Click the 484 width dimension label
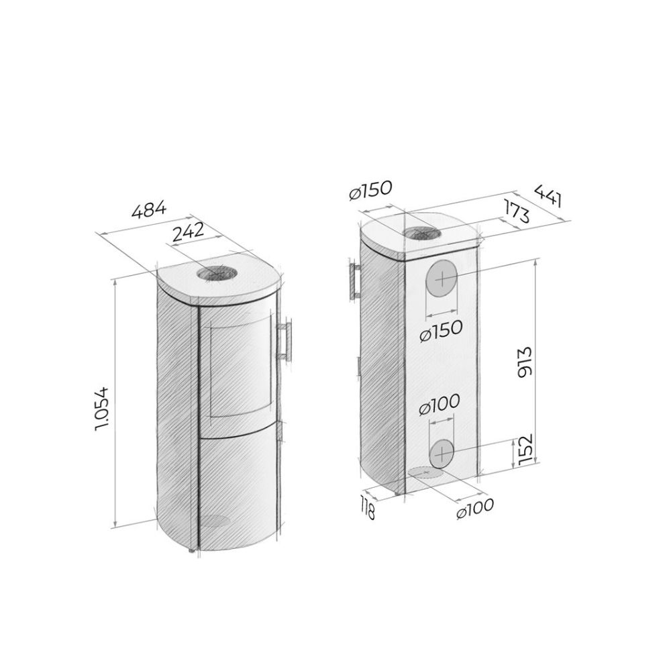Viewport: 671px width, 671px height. click(148, 210)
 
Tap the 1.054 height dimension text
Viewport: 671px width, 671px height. click(103, 409)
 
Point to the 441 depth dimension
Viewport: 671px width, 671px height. click(548, 195)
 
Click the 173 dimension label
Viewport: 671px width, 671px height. click(517, 211)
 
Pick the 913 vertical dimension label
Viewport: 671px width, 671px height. click(524, 362)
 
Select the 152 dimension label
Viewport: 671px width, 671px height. click(524, 448)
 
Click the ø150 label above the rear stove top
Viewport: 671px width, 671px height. click(370, 191)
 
